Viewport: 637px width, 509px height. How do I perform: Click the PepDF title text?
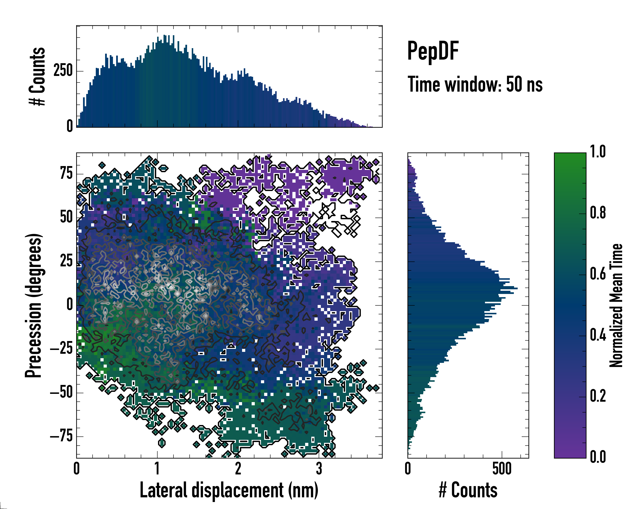(433, 51)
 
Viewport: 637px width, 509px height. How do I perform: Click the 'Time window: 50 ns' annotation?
(475, 84)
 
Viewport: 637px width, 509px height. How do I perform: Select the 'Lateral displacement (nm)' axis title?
(229, 490)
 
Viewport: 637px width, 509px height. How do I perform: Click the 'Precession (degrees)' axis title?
(33, 305)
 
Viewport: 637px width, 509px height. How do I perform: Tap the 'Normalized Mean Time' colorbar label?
(616, 305)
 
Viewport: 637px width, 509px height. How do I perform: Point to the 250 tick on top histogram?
(63, 71)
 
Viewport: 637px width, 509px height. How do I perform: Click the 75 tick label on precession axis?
(66, 173)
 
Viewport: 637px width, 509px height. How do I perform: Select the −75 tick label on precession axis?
(61, 436)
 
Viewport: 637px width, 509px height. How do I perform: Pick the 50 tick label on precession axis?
(66, 217)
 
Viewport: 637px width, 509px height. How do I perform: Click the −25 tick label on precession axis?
(61, 349)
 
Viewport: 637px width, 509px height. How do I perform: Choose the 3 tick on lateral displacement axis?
(319, 468)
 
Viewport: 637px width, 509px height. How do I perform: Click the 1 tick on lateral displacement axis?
(157, 468)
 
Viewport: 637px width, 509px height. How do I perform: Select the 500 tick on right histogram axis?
(502, 468)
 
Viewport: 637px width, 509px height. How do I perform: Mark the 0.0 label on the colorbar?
(598, 457)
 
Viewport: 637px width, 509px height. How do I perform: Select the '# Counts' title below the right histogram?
(468, 490)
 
